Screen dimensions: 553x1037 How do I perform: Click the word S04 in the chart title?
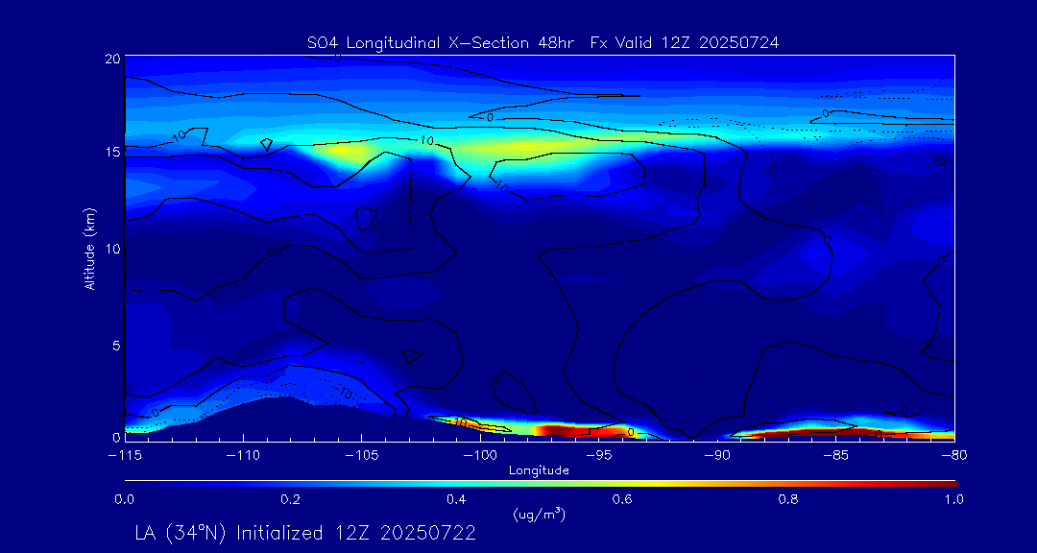323,43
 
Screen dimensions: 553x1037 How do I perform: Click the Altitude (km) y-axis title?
89,248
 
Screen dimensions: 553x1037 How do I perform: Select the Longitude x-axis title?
539,470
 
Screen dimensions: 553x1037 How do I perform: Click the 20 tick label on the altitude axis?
111,60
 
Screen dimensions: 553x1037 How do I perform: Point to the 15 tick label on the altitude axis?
111,153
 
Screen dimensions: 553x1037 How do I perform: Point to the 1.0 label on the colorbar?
953,499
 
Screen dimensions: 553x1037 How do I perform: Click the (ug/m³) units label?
539,516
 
